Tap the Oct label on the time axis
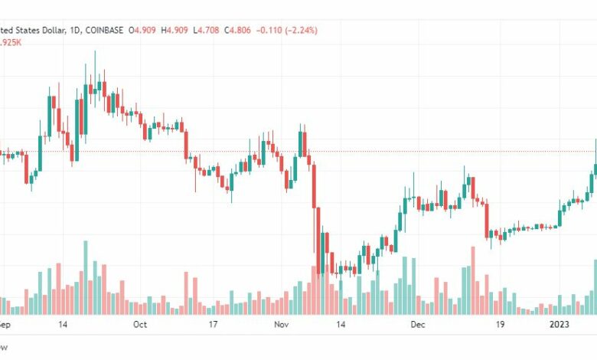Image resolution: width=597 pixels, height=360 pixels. point(140,325)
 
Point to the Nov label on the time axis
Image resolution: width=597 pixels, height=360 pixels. point(280,325)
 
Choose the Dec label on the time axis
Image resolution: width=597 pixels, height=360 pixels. point(418,325)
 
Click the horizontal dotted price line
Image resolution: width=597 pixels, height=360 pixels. point(383,151)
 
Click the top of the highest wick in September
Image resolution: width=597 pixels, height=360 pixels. point(95,51)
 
